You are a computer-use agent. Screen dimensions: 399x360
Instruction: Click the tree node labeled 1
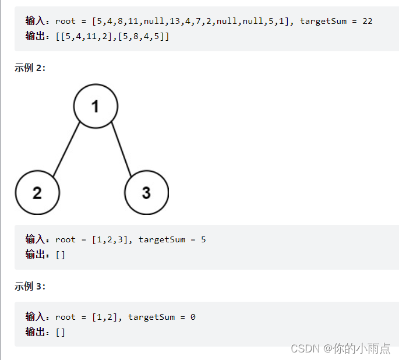[96, 106]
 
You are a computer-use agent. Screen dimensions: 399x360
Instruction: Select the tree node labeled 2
[37, 193]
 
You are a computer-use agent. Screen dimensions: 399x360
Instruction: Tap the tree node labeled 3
[146, 193]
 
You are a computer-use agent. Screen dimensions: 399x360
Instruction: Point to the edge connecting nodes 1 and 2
[66, 149]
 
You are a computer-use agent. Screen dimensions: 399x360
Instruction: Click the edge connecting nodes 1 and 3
[123, 149]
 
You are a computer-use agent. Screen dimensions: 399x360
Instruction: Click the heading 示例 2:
[30, 68]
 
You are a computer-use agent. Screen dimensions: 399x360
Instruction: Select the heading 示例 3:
[30, 286]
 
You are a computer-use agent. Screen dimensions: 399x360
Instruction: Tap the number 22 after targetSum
[367, 21]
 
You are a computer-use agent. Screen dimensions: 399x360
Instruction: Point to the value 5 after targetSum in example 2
[203, 239]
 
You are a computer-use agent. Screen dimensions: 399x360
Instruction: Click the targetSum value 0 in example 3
[193, 317]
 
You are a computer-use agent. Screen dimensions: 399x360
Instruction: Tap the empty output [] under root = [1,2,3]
[61, 255]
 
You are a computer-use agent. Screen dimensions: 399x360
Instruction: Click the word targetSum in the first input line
[323, 21]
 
